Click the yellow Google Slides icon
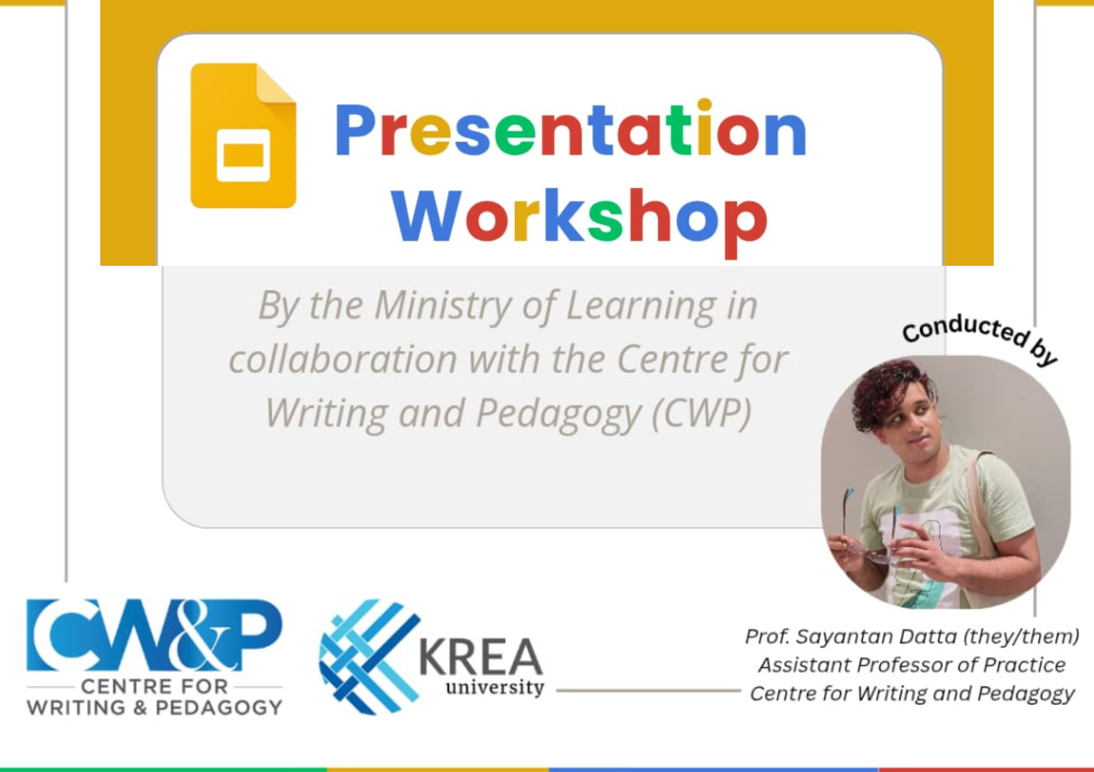[x=243, y=135]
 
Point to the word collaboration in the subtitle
[x=343, y=360]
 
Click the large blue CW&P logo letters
[x=154, y=635]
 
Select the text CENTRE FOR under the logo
[x=154, y=686]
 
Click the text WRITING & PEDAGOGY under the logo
[x=154, y=708]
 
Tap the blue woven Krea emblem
[x=369, y=656]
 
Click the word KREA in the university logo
[x=481, y=656]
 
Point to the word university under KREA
[x=495, y=687]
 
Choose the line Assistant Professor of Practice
[x=912, y=664]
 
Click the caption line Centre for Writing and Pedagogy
[x=912, y=693]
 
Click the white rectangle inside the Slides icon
[x=243, y=155]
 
